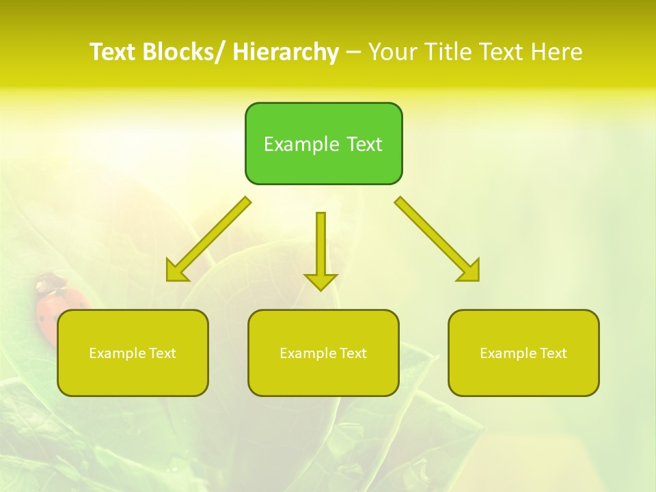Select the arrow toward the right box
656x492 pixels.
coord(437,238)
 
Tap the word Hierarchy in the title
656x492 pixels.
coord(286,52)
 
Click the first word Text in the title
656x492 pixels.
coord(113,52)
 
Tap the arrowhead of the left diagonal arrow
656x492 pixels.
coord(176,272)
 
